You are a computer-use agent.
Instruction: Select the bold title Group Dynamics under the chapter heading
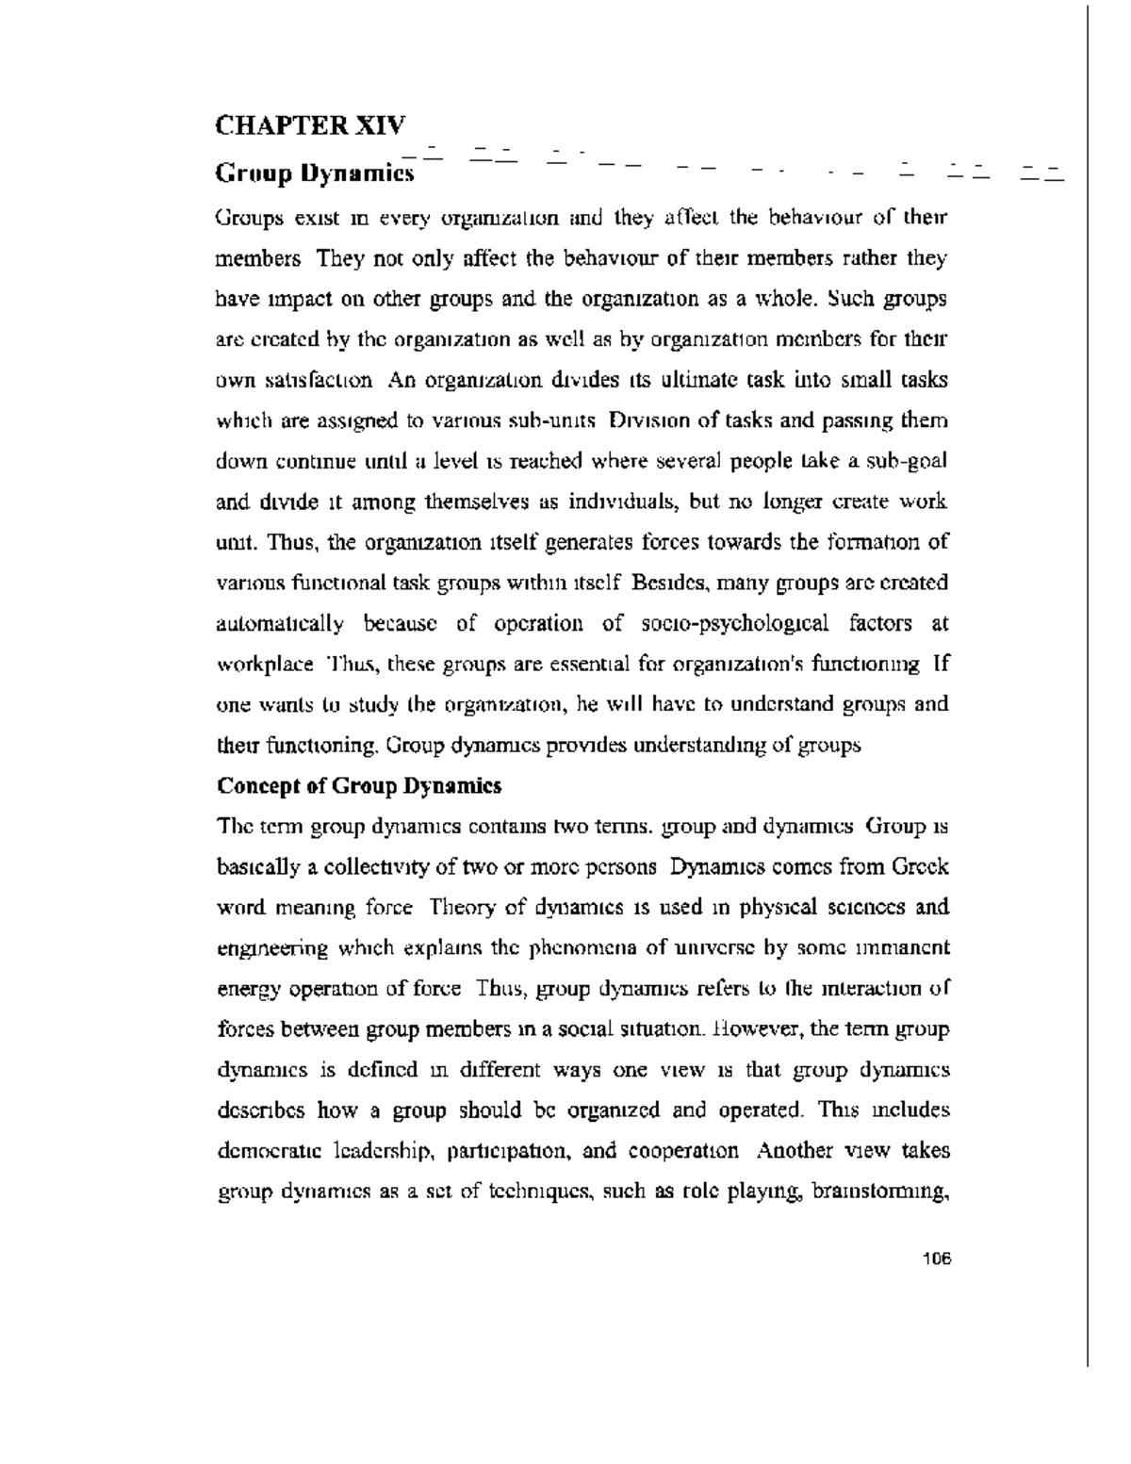[316, 173]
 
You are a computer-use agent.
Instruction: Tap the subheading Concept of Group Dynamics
[359, 785]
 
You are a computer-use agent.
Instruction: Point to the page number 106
[937, 1258]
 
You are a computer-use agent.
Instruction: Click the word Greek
[920, 866]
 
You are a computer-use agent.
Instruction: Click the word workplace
[264, 664]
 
